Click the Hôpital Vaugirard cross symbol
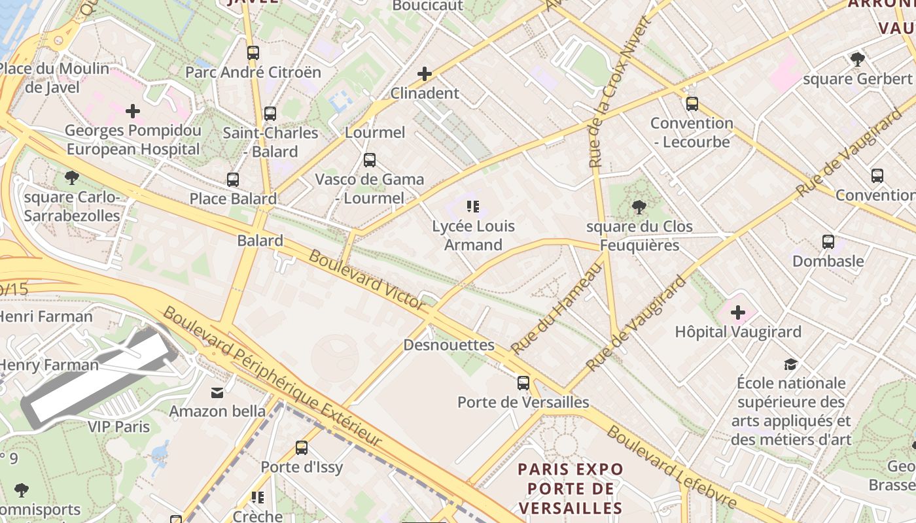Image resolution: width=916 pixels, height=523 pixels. pos(738,312)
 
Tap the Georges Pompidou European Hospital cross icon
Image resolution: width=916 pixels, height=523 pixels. pos(133,111)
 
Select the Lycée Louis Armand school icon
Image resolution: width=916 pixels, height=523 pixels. pos(473,207)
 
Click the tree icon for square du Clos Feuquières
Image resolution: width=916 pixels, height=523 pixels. pos(639,208)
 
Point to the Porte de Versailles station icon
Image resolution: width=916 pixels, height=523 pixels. pos(523,383)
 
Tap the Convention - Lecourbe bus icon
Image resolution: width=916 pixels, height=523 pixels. pos(692,104)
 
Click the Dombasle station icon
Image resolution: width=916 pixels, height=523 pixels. pos(828,242)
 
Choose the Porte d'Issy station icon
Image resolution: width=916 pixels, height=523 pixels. pos(302,448)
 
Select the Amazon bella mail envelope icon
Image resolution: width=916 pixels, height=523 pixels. pos(217,392)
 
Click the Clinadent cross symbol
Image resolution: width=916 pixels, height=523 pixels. pos(425,74)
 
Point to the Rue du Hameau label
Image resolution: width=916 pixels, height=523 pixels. pos(556,306)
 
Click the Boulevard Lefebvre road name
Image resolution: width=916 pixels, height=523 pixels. pos(672,467)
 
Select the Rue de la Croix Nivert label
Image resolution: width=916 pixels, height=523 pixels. pos(619,92)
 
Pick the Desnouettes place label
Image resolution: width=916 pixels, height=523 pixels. pos(449,345)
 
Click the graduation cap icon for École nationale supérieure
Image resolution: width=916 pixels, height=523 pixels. pos(791,364)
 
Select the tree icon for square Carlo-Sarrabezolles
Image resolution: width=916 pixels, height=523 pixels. pos(72,178)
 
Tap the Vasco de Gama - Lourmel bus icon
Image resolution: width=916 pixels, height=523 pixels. pos(370,160)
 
